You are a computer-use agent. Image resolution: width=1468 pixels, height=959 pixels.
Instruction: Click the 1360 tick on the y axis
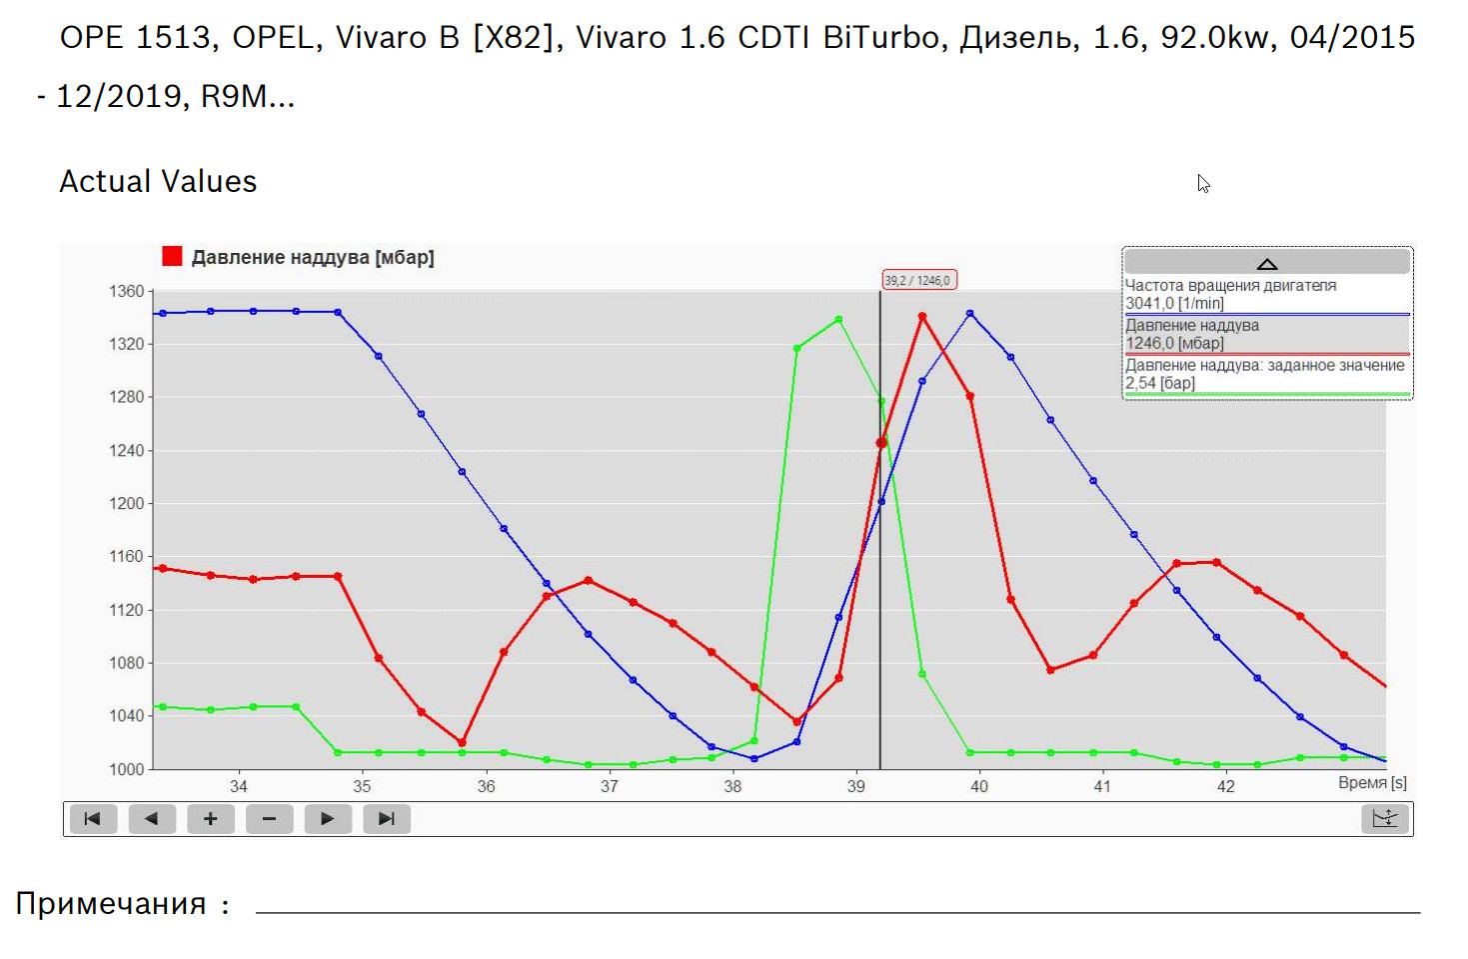[x=126, y=292]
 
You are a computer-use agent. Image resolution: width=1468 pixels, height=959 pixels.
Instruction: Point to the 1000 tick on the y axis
[x=126, y=769]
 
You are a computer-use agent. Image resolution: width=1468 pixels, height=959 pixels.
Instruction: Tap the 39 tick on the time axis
[x=855, y=787]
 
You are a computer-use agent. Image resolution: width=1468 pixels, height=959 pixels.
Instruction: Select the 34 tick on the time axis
[x=238, y=787]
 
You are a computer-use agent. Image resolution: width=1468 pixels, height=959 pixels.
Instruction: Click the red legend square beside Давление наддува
[x=172, y=257]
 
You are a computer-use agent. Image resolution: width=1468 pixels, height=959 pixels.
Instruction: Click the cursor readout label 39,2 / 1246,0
[x=918, y=280]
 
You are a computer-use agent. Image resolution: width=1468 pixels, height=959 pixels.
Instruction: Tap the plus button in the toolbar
[x=210, y=819]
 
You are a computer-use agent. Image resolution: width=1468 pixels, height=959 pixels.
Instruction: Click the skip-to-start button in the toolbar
[x=92, y=819]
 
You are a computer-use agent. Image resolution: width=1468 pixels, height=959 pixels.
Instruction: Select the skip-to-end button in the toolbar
[x=386, y=819]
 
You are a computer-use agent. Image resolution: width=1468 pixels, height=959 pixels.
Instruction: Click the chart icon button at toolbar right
[x=1385, y=819]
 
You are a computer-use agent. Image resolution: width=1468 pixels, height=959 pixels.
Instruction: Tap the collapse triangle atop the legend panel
[x=1266, y=263]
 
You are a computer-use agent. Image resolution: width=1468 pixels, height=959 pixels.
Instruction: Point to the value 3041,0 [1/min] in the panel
[x=1174, y=304]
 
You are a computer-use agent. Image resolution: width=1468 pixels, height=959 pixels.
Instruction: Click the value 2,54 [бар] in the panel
[x=1160, y=383]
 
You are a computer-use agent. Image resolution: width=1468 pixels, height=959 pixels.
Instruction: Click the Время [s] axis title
[x=1372, y=783]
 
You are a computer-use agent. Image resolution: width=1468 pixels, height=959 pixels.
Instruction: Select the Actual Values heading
[x=158, y=181]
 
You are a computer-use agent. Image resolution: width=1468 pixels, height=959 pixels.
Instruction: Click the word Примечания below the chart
[x=111, y=904]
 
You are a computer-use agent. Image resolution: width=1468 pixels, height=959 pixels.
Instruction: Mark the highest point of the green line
[x=838, y=320]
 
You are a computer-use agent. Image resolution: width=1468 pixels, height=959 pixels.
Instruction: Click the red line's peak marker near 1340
[x=922, y=317]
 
